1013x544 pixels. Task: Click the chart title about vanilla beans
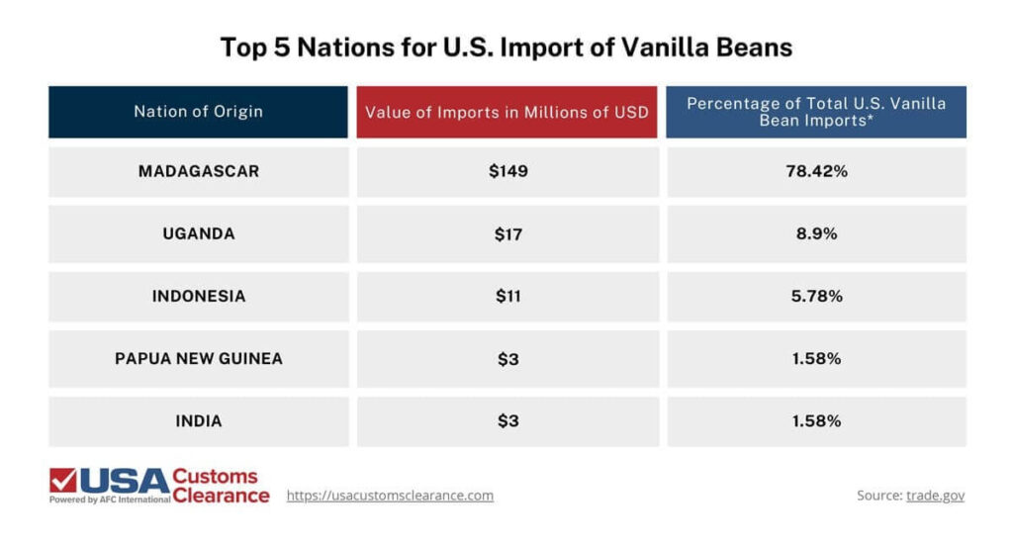coord(506,47)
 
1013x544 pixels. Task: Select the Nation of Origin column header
coord(198,112)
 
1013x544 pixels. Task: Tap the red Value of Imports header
coord(506,112)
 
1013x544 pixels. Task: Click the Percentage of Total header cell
coord(816,112)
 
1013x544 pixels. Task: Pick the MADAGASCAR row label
coord(198,171)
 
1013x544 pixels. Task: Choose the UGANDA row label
coord(198,234)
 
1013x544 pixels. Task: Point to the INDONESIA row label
coord(198,297)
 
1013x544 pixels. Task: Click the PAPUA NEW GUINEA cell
coord(198,359)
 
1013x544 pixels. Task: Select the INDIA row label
coord(198,421)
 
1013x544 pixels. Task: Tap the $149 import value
coord(507,171)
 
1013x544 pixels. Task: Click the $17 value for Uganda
coord(507,234)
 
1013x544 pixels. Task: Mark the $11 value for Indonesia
coord(507,297)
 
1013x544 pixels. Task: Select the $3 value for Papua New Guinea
coord(507,359)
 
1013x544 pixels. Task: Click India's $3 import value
coord(507,421)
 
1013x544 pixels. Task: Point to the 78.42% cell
coord(816,171)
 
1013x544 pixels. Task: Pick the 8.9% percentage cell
coord(816,234)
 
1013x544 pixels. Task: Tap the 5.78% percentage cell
coord(816,297)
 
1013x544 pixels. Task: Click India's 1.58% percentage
coord(816,421)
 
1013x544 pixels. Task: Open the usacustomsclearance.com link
coord(390,496)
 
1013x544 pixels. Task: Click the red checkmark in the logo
coord(63,481)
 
